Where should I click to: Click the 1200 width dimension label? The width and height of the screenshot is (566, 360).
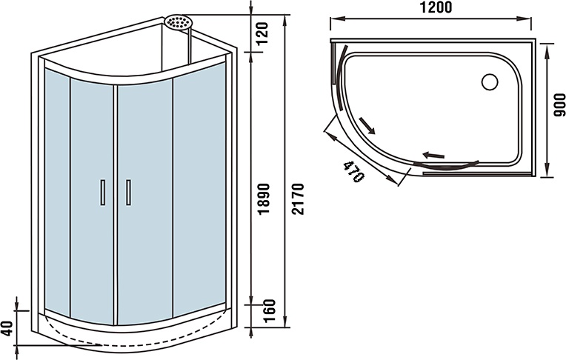[436, 7]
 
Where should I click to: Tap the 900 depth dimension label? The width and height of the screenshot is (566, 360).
[559, 104]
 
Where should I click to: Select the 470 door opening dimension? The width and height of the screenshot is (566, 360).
[353, 171]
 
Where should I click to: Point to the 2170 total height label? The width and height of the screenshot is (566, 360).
[299, 199]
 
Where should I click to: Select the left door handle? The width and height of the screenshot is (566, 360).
[103, 192]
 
